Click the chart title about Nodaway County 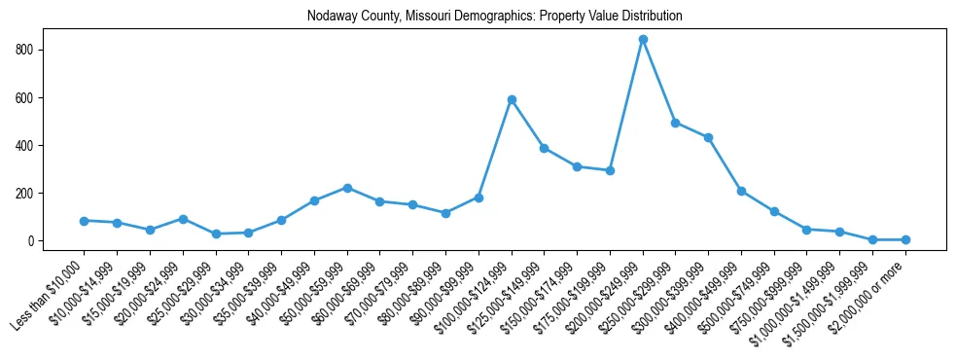(x=494, y=17)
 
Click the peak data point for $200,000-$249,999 (x=643, y=40)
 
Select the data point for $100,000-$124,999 (x=512, y=99)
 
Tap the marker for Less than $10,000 (x=85, y=221)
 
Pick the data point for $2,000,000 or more (x=905, y=239)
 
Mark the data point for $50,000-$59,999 (x=347, y=188)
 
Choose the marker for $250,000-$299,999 (x=676, y=123)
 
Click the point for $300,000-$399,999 (x=709, y=137)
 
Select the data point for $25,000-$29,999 (x=216, y=234)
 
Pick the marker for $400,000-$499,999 (x=741, y=191)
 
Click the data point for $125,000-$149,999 (x=545, y=148)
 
